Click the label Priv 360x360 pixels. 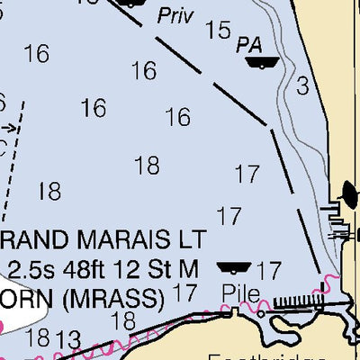pyautogui.click(x=175, y=16)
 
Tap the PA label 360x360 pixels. pyautogui.click(x=249, y=44)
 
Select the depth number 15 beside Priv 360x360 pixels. pyautogui.click(x=218, y=30)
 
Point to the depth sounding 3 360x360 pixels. pyautogui.click(x=302, y=85)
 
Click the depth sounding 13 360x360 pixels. pyautogui.click(x=67, y=340)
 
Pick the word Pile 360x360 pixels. pyautogui.click(x=241, y=293)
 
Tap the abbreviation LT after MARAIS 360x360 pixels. pyautogui.click(x=191, y=240)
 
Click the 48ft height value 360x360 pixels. pyautogui.click(x=82, y=268)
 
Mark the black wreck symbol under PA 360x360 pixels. pyautogui.click(x=263, y=62)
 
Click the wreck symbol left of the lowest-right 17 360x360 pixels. pyautogui.click(x=234, y=267)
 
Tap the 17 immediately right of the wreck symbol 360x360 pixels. pyautogui.click(x=268, y=269)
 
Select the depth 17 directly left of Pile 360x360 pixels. pyautogui.click(x=184, y=292)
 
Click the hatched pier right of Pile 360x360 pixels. pyautogui.click(x=296, y=300)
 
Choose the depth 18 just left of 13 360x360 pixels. pyautogui.click(x=38, y=337)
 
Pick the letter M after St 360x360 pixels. pyautogui.click(x=188, y=268)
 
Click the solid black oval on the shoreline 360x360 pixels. pyautogui.click(x=350, y=192)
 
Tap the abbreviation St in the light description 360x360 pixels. pyautogui.click(x=157, y=268)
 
